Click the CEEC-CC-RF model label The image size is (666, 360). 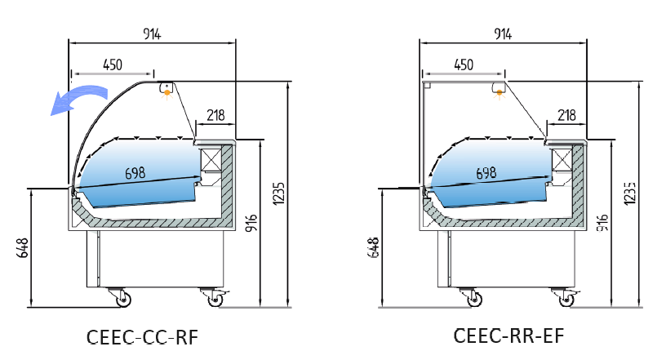click(x=142, y=337)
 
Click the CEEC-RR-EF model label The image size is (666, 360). click(x=509, y=336)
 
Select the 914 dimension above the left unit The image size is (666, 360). click(x=153, y=33)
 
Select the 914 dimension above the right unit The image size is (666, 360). click(x=503, y=33)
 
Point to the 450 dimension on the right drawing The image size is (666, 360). click(x=463, y=64)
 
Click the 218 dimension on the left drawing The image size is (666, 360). click(x=215, y=115)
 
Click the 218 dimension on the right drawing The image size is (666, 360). click(x=567, y=115)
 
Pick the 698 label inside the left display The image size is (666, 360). click(x=136, y=173)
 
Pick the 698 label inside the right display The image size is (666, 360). click(x=486, y=173)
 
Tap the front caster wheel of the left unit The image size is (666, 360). click(x=123, y=300)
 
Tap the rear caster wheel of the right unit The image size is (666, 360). click(x=565, y=300)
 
